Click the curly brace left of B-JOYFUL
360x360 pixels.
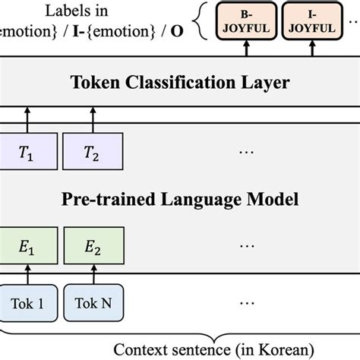pyautogui.click(x=199, y=21)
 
